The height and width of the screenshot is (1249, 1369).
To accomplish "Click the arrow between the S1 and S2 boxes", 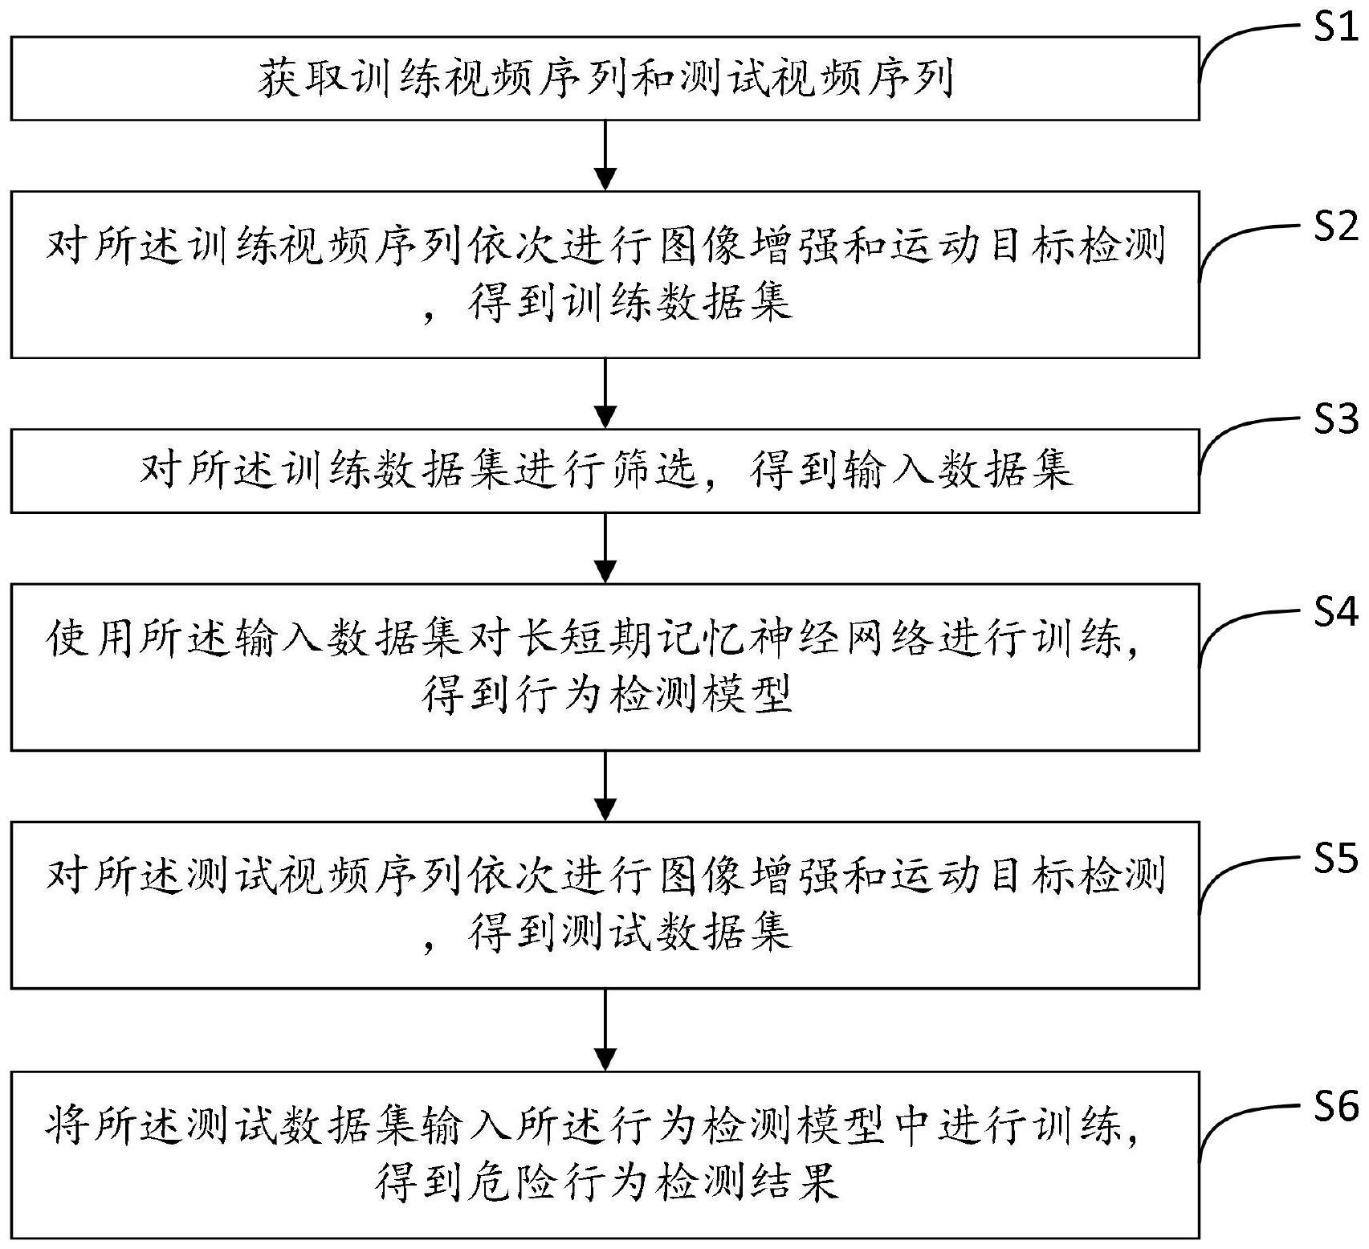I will point(605,156).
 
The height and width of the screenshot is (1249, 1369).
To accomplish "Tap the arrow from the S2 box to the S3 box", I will point(605,393).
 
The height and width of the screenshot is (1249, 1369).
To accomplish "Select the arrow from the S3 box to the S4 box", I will point(605,548).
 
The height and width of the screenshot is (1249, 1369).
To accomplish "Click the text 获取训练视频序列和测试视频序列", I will point(605,81).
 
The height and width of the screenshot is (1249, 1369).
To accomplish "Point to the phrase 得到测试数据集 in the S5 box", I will point(630,932).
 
